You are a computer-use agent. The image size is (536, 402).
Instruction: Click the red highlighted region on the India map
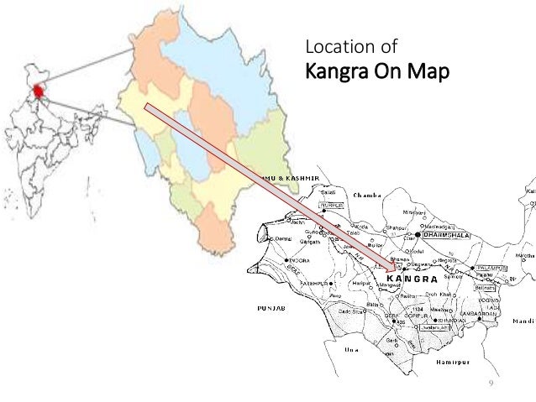pyautogui.click(x=37, y=90)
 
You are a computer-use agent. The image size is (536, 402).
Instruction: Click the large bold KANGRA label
pyautogui.click(x=412, y=278)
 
